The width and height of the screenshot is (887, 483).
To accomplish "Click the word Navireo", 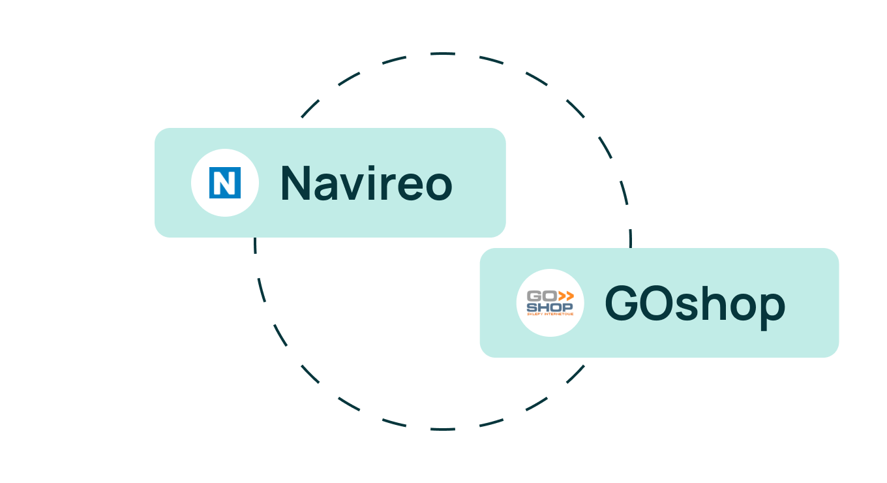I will pos(366,183).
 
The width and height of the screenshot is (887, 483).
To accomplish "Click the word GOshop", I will pos(695,304).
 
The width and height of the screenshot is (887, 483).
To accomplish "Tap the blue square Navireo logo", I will pos(225,183).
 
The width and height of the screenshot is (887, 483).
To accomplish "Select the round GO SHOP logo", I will pos(550,303).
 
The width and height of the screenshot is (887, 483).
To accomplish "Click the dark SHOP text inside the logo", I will pos(549,306).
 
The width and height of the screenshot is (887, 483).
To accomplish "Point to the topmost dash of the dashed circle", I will pos(443,53).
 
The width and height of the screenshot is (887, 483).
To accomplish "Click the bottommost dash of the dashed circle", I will pos(443,429).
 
